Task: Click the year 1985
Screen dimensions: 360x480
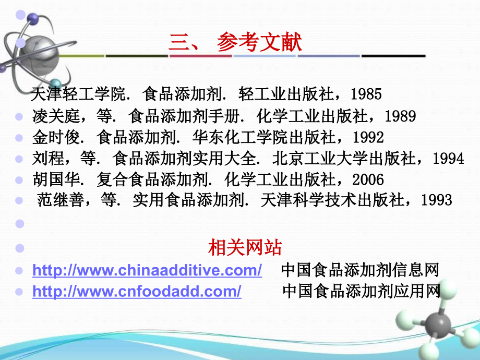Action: point(366,94)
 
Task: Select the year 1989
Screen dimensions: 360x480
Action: point(400,116)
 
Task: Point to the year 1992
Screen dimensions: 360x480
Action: point(368,137)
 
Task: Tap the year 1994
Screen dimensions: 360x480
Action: point(448,158)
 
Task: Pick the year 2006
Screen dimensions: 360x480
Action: point(368,180)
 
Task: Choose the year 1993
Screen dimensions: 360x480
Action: point(436,200)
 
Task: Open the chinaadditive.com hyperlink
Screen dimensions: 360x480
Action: point(147,271)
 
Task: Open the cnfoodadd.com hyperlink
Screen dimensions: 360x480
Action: point(137,292)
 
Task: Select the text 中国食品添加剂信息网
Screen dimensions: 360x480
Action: point(360,271)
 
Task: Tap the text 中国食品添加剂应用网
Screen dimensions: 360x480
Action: point(362,292)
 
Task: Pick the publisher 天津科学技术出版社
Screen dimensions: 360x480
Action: point(340,200)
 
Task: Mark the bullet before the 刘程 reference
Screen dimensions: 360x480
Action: point(19,159)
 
